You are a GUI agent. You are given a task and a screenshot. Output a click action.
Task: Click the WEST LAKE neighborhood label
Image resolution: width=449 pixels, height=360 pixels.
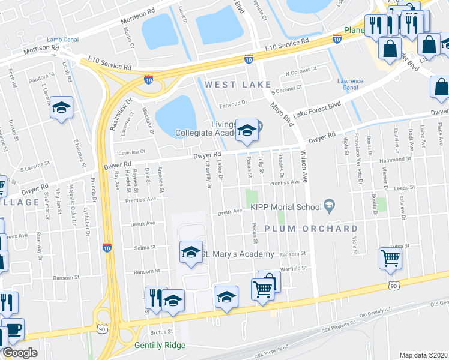(238, 85)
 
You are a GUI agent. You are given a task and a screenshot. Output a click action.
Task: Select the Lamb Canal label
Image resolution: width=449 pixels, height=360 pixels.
(63, 40)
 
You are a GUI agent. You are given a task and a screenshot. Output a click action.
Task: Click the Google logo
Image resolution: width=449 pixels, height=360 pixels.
(20, 353)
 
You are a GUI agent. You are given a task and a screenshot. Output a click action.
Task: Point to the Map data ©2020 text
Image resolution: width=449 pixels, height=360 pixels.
(424, 355)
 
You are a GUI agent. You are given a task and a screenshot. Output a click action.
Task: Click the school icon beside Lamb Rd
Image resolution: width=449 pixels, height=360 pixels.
(61, 107)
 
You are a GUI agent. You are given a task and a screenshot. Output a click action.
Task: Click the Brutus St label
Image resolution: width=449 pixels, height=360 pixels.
(161, 331)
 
